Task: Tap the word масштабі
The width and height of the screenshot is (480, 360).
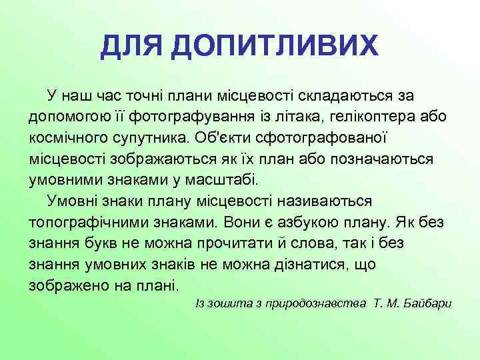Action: point(217,180)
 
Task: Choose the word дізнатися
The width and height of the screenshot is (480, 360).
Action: point(313,265)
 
